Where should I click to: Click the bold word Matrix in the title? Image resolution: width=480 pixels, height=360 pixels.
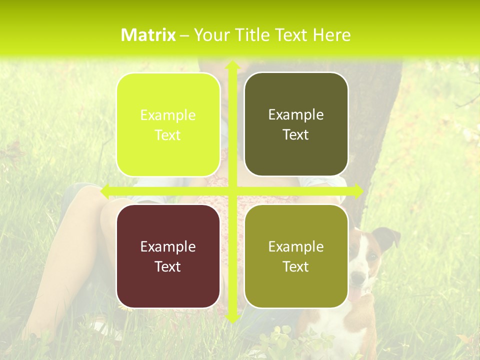coord(148,35)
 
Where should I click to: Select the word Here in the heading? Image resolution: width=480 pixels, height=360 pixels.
coord(332,35)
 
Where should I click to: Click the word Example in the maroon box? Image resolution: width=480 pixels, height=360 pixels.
coord(168,246)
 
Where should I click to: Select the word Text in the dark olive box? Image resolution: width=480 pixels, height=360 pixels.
coord(296,135)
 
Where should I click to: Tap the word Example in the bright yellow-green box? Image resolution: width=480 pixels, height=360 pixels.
coord(168,115)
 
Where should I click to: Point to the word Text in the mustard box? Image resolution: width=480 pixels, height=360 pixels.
coord(296,266)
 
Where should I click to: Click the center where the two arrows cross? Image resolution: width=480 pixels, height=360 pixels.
coord(232,190)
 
